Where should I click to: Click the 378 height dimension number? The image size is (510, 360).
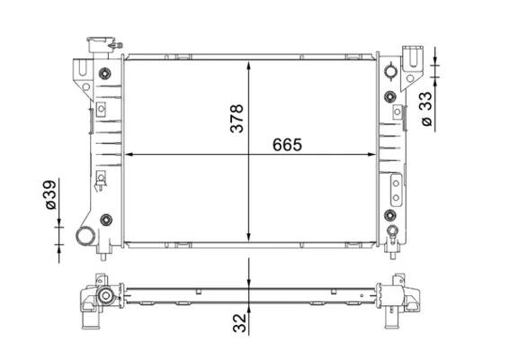pyautogui.click(x=237, y=118)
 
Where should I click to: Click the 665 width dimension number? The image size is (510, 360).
pyautogui.click(x=287, y=145)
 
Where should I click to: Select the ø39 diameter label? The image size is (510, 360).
pyautogui.click(x=50, y=194)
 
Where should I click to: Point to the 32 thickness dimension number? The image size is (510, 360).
pyautogui.click(x=240, y=323)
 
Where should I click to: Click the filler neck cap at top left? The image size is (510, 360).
pyautogui.click(x=100, y=45)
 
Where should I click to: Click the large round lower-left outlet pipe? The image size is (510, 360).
pyautogui.click(x=85, y=236)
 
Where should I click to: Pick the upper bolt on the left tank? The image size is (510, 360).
pyautogui.click(x=104, y=73)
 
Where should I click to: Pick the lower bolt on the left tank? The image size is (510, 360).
pyautogui.click(x=106, y=220)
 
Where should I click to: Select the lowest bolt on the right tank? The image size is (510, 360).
pyautogui.click(x=390, y=215)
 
